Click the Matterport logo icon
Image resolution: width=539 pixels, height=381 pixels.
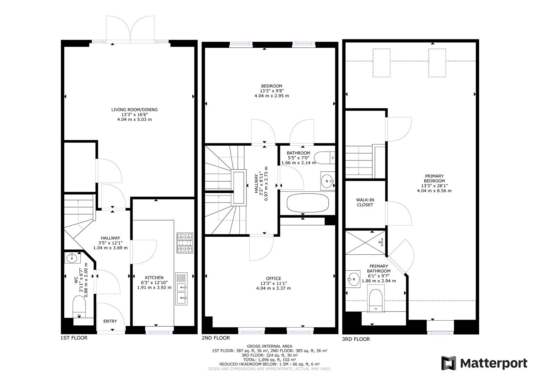tap(449, 363)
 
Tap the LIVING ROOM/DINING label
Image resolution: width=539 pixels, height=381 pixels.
tap(134, 110)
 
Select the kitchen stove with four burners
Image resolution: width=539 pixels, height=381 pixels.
tap(185, 243)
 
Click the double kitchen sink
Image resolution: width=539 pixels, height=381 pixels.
tap(182, 289)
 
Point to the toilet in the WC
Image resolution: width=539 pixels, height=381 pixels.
tap(79, 305)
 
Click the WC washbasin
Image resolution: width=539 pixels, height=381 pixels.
tap(72, 258)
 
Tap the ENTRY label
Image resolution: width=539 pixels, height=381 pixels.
tap(110, 321)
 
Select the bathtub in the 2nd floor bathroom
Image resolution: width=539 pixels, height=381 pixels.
tap(308, 204)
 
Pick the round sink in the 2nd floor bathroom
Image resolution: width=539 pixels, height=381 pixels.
tap(327, 181)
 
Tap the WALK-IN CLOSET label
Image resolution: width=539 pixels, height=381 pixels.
tap(365, 202)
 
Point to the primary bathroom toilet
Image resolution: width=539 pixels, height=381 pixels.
tap(375, 300)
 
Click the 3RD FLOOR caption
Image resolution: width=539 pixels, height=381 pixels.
tap(356, 339)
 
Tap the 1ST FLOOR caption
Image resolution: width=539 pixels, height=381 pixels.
tap(74, 338)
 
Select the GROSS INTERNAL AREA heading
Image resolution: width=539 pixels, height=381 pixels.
tap(270, 346)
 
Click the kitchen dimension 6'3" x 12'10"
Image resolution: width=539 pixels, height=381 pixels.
tap(154, 283)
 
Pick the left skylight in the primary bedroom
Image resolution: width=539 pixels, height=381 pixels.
tap(381, 63)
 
